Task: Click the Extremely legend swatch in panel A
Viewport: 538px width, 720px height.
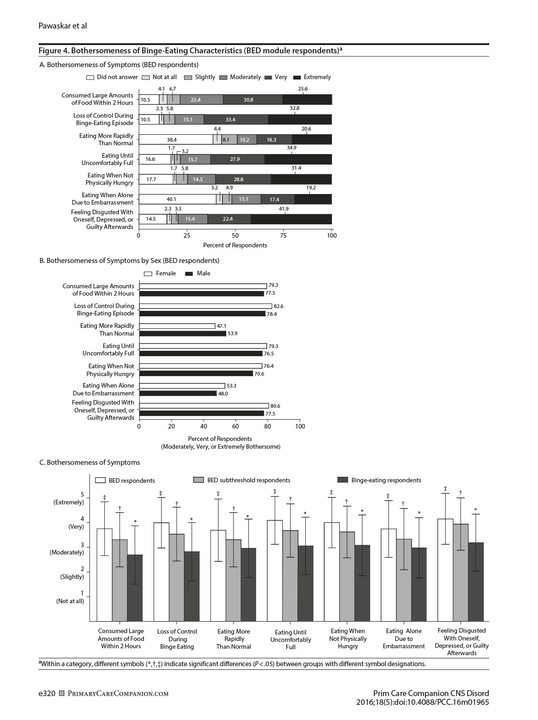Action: tap(297, 77)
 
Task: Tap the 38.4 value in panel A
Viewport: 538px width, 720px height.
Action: tap(172, 140)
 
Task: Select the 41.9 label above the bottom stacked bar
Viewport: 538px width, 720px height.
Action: tap(284, 209)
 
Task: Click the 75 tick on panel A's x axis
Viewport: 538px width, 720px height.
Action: tap(283, 235)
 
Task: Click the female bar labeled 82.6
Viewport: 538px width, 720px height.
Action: tap(206, 306)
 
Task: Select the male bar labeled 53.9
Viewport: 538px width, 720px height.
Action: tap(183, 333)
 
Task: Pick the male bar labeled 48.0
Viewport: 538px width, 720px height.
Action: tap(178, 394)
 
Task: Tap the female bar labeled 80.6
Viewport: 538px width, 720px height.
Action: tap(204, 406)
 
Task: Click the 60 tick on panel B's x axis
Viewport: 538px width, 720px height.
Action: tap(235, 426)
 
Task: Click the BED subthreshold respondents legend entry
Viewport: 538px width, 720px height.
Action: tap(242, 480)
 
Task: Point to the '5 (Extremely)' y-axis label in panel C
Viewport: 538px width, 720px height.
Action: tap(69, 499)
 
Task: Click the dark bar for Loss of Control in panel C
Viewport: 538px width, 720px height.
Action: tap(192, 586)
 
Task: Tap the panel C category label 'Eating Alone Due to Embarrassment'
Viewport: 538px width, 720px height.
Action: tap(404, 639)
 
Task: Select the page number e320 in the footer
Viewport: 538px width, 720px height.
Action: tap(47, 693)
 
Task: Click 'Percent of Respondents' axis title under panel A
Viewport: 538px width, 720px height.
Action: tap(235, 246)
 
